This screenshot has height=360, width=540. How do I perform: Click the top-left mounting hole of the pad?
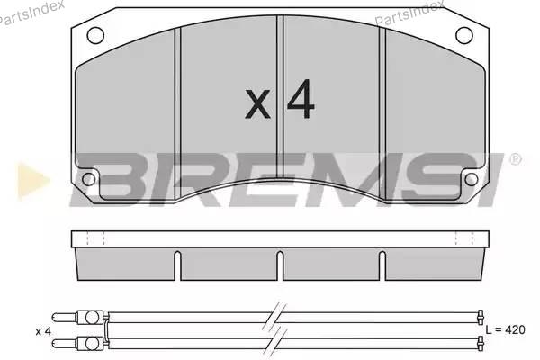(95, 35)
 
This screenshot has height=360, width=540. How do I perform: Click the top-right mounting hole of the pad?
(464, 35)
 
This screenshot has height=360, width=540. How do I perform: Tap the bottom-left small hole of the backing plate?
(88, 179)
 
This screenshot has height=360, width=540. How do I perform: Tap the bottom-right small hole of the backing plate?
(471, 179)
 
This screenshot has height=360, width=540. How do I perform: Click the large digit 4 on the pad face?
(301, 99)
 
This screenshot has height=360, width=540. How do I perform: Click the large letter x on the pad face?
(257, 104)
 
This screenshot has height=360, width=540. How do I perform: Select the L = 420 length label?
(505, 329)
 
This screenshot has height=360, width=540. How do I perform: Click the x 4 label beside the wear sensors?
(43, 331)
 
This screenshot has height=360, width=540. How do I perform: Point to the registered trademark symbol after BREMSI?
(515, 159)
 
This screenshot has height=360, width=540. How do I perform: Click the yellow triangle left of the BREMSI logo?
(33, 181)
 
